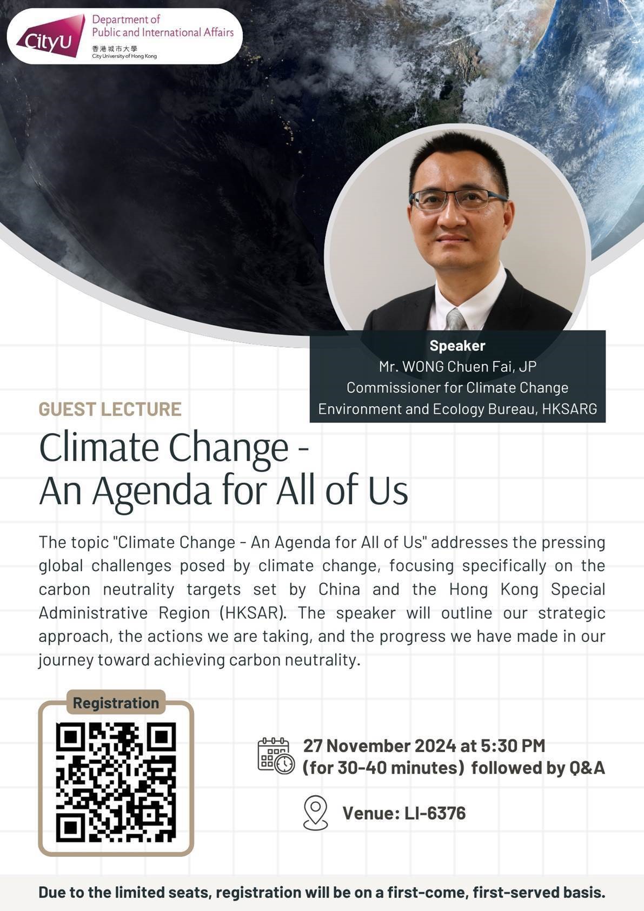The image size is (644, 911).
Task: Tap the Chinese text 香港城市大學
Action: [x=109, y=49]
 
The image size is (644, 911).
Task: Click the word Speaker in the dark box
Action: [x=457, y=346]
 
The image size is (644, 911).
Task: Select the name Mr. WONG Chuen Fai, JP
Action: [x=457, y=367]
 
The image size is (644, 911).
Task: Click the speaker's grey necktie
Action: [x=456, y=320]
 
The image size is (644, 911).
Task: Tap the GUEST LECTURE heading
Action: [x=110, y=409]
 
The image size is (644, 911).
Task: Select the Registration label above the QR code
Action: [x=116, y=703]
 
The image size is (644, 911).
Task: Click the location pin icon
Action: [x=315, y=813]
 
